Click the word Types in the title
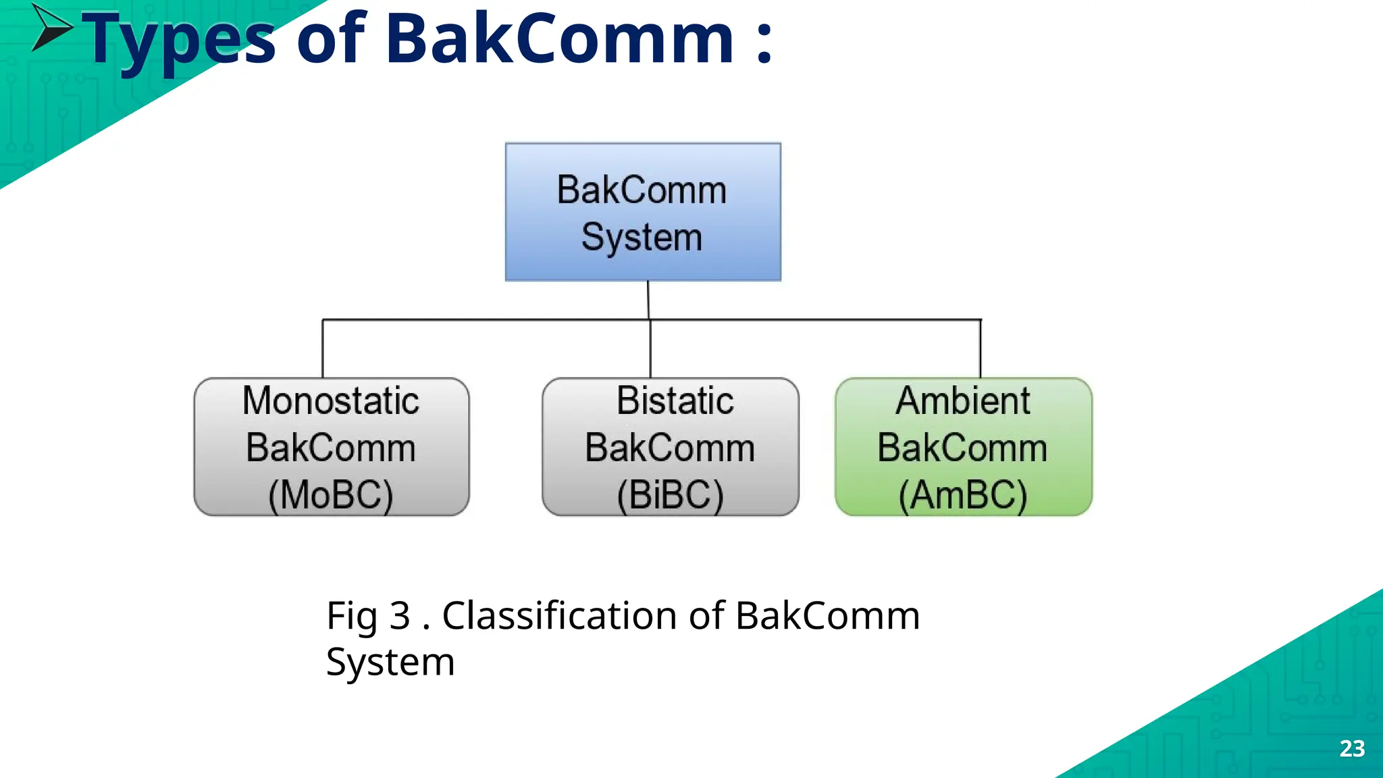(179, 41)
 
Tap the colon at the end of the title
(764, 42)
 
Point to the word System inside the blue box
(642, 238)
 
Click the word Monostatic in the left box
(331, 401)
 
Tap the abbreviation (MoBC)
(331, 496)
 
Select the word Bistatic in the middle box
(675, 401)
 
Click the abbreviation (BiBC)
(670, 496)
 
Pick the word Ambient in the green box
(963, 401)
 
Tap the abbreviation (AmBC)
(963, 496)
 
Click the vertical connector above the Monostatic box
(323, 348)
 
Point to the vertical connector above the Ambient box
(980, 348)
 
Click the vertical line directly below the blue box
(648, 299)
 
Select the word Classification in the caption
(560, 616)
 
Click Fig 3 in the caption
(368, 616)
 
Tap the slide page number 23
(1352, 748)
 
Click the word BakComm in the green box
(962, 448)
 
